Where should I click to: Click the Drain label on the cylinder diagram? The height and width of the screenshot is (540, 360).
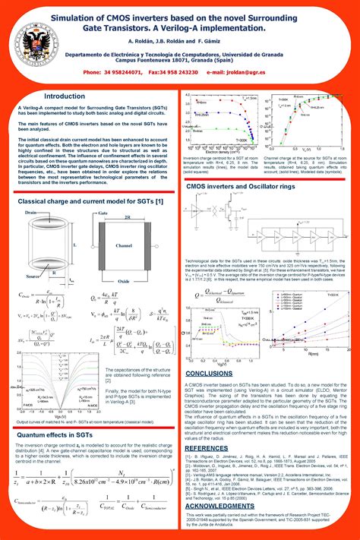click(31, 213)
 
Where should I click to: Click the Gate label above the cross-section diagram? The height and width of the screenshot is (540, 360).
click(102, 213)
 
